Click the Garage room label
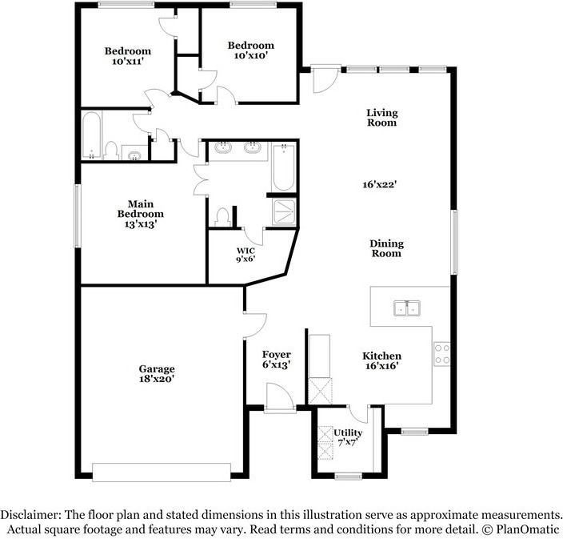pos(157,368)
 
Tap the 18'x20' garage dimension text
pos(157,379)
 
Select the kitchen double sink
pos(407,308)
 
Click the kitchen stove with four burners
pos(442,354)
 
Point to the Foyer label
pos(276,355)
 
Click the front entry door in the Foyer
pos(280,397)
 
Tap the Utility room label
pos(348,432)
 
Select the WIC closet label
pos(246,250)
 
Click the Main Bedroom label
pos(141,209)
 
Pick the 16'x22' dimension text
pos(379,184)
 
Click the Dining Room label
pos(386,248)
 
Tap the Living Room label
pos(381,118)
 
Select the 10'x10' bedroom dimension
pos(251,55)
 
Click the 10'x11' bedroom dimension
pos(128,61)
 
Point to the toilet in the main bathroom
pos(222,217)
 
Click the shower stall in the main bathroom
pos(284,211)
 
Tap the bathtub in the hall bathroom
pos(92,135)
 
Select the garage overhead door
pos(162,472)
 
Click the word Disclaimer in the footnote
pos(30,514)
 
